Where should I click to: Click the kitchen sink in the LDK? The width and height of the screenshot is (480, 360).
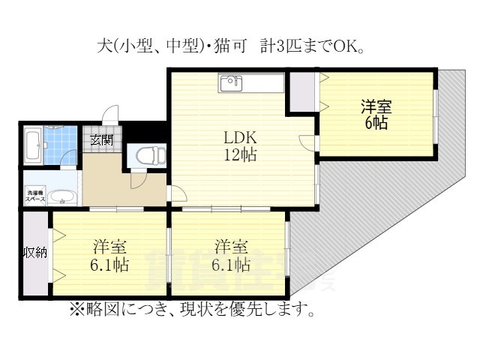tap(230, 82)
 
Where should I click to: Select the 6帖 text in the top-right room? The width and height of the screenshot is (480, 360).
tap(376, 123)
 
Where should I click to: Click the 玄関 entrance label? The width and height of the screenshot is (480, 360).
tap(102, 139)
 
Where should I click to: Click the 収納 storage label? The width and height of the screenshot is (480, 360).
tap(34, 252)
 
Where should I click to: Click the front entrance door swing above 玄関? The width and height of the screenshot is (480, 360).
tap(110, 117)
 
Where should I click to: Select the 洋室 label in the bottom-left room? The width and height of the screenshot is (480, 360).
tap(109, 246)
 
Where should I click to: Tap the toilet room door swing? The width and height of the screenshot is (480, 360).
tap(137, 178)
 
